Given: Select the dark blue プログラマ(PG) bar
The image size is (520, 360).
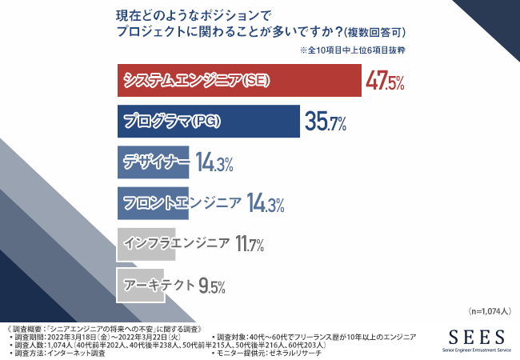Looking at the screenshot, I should click(x=208, y=122).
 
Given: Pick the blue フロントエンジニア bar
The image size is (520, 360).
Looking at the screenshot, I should click(x=180, y=203).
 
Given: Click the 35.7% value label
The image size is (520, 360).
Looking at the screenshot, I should click(x=325, y=122).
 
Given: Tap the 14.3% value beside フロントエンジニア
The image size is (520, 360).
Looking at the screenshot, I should click(x=266, y=204).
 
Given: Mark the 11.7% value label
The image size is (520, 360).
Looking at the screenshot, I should click(x=250, y=244).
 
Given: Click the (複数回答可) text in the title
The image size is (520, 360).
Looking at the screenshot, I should click(x=374, y=33).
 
